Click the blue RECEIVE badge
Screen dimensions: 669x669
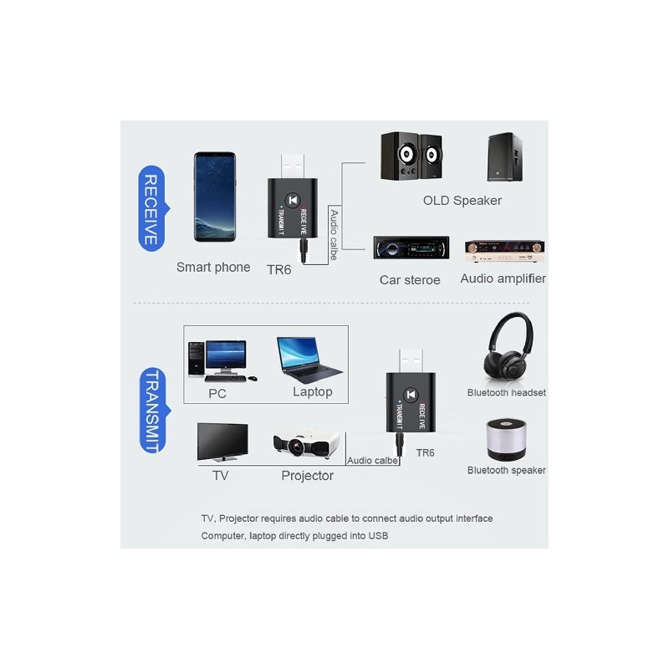click(x=153, y=208)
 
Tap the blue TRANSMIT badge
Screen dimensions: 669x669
click(x=154, y=410)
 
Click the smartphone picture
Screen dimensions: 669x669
click(x=215, y=197)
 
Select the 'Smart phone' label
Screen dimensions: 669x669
click(x=213, y=267)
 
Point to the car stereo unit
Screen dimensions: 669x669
click(x=411, y=248)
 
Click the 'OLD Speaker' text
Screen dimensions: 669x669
click(x=462, y=201)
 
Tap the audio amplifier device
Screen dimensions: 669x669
click(x=504, y=251)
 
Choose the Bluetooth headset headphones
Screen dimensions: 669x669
click(x=508, y=345)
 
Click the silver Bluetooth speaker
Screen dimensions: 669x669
click(x=506, y=439)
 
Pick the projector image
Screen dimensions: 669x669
click(x=306, y=445)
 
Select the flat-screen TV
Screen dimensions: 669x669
click(x=222, y=442)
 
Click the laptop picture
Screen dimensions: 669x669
click(x=308, y=360)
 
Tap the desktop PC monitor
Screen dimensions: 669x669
click(x=225, y=356)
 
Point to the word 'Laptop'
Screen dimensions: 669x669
click(x=312, y=391)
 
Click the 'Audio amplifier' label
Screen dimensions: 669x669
click(x=503, y=278)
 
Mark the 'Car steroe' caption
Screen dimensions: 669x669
click(x=410, y=280)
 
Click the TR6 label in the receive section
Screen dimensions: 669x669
click(x=278, y=269)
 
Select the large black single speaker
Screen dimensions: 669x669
click(x=505, y=157)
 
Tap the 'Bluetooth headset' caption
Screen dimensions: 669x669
click(x=507, y=392)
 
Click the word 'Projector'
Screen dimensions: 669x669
click(x=307, y=476)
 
